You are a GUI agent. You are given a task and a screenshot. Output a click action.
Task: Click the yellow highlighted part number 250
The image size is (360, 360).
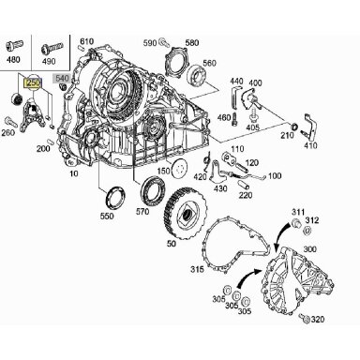point(34,83)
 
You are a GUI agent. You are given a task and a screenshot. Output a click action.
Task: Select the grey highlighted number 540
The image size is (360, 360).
point(62,78)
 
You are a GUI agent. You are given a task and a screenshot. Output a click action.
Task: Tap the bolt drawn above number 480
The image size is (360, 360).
point(15,46)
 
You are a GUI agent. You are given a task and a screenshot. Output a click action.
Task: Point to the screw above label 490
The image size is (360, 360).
point(52,49)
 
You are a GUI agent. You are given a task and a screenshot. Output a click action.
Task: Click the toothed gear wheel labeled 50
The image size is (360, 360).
point(186,215)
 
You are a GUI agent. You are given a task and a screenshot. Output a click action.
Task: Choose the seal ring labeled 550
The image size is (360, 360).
point(115,197)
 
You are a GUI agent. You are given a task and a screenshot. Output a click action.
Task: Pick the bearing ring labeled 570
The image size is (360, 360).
point(154,189)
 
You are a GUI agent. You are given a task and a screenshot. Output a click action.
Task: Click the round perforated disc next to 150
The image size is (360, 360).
point(179,169)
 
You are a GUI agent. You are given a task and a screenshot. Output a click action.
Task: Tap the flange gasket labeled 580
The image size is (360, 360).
point(177,63)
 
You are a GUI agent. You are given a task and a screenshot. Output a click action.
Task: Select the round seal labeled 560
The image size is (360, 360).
point(197,76)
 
